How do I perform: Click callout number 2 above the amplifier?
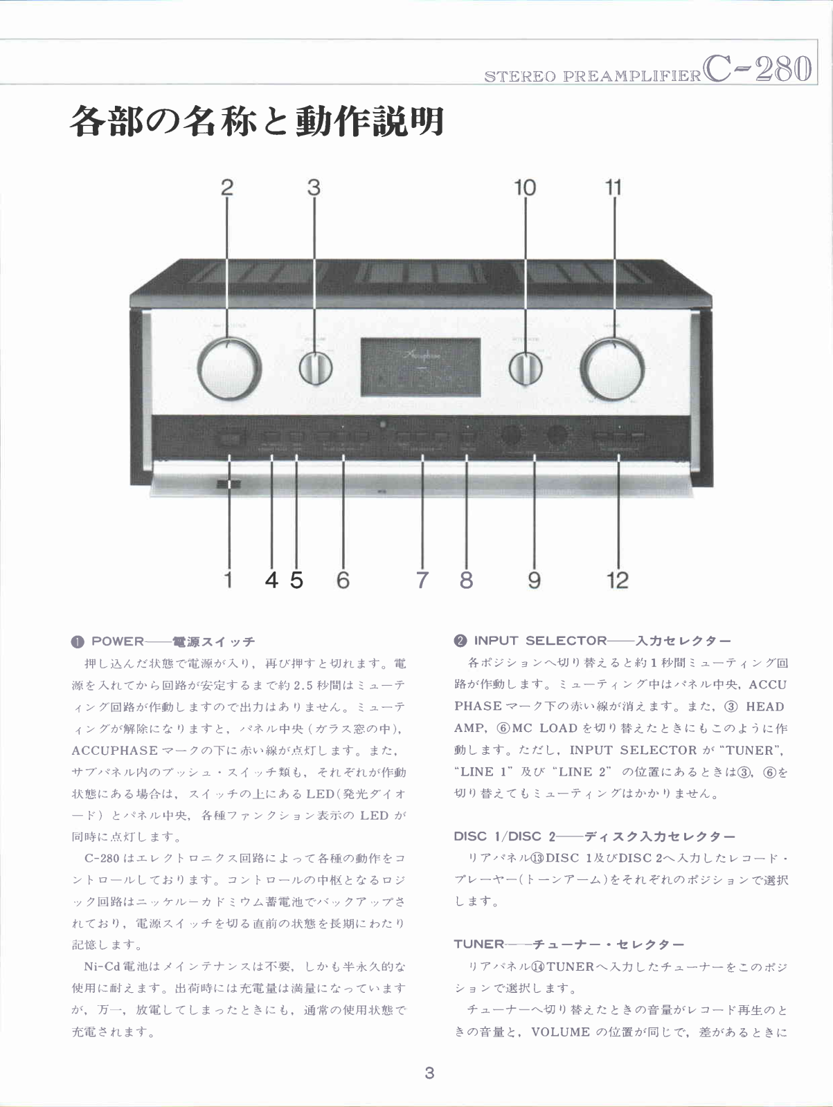(227, 187)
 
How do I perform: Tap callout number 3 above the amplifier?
(314, 187)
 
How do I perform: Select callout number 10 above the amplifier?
(525, 187)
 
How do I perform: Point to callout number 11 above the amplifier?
(613, 187)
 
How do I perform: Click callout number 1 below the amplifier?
(229, 580)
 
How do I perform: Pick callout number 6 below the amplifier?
(343, 580)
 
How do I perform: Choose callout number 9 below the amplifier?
(534, 580)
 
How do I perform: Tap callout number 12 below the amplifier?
(618, 580)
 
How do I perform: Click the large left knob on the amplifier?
(229, 369)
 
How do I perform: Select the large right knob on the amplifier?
(612, 369)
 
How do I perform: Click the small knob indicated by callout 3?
(316, 369)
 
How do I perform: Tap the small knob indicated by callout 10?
(526, 369)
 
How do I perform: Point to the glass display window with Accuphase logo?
(421, 368)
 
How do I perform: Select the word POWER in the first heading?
(118, 641)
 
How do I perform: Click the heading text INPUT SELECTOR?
(540, 641)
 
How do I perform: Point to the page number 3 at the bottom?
(429, 1073)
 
